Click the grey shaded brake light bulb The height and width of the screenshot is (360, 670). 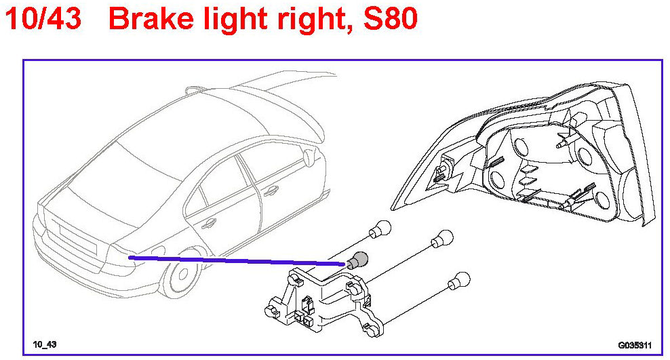359,260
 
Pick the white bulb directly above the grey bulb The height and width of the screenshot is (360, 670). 382,229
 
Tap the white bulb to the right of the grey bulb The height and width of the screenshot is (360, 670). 444,237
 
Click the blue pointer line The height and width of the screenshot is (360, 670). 237,260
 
